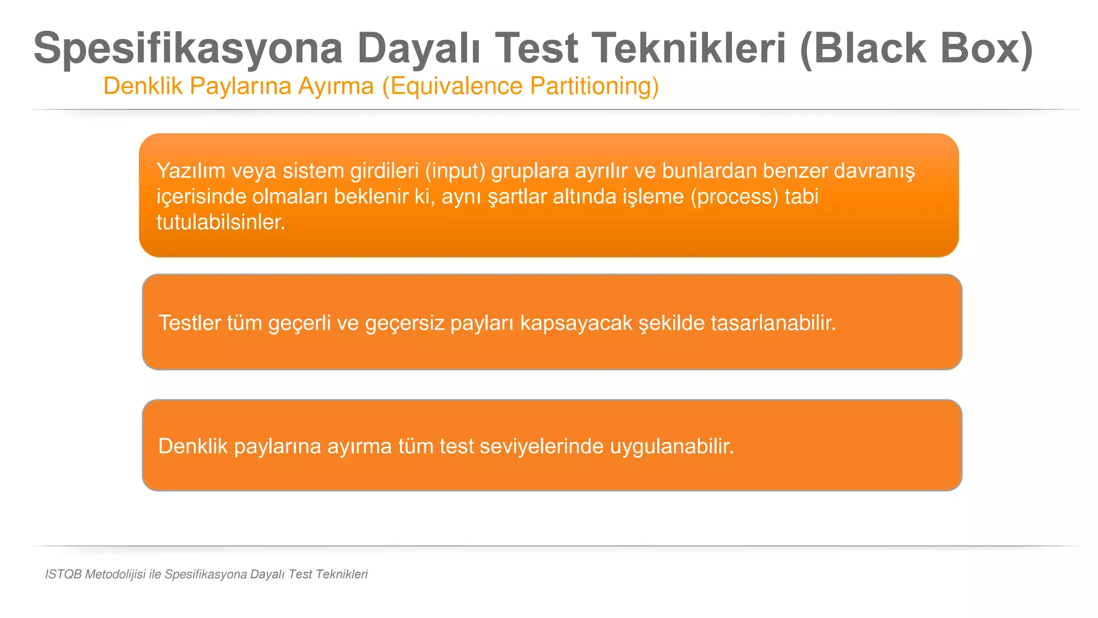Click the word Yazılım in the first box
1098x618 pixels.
[x=191, y=171]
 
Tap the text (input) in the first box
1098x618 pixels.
[x=455, y=171]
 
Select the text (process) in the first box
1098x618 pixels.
[x=734, y=197]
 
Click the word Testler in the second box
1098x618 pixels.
[x=190, y=323]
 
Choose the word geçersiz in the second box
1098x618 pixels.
[x=405, y=323]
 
